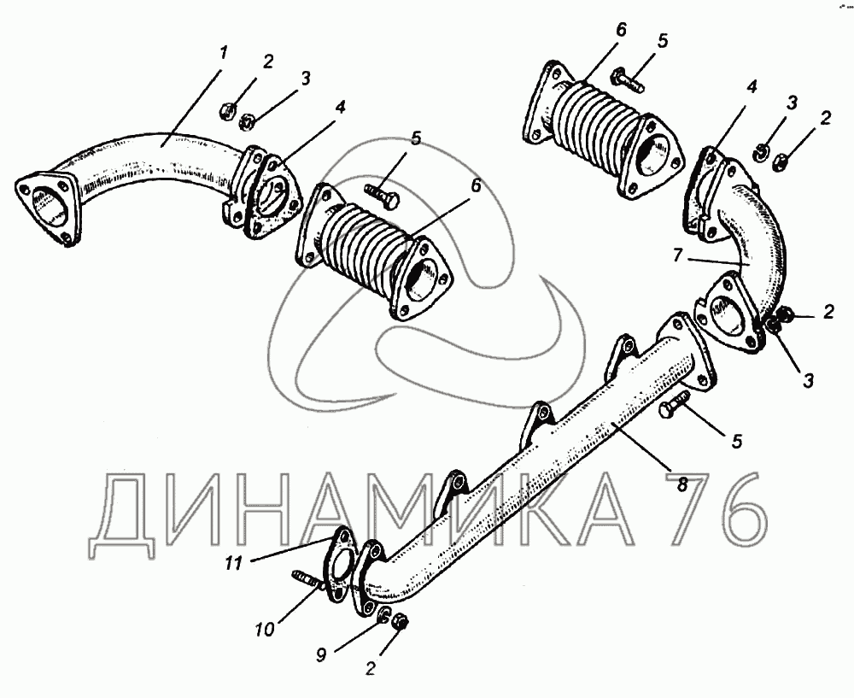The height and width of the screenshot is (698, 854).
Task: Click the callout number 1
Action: [223, 54]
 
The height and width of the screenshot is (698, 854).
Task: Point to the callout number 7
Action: [677, 255]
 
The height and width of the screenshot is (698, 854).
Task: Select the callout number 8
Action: [682, 484]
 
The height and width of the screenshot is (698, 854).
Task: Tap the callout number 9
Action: [321, 654]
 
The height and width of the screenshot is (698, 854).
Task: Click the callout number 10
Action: [265, 630]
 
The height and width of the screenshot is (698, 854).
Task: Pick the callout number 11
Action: [234, 563]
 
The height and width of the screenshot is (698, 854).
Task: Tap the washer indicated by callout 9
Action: [384, 615]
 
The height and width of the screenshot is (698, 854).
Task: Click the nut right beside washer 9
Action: [401, 620]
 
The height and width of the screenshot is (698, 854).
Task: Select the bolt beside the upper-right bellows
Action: [628, 79]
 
